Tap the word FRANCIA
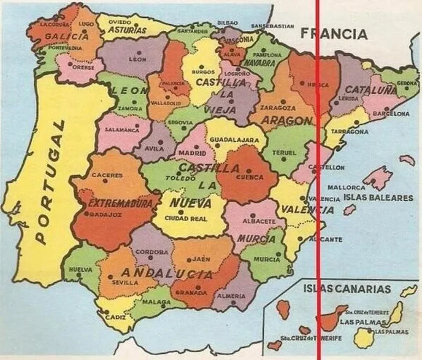pos(334,34)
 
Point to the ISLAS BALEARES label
pos(378,198)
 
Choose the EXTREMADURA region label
pos(120,203)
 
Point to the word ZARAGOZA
pos(278,108)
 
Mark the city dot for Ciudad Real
pos(181,212)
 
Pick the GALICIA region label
pos(67,37)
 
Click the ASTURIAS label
pos(127,30)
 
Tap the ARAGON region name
pos(287,120)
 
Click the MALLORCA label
pos(346,187)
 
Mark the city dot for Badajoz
pos(87,214)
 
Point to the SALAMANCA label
pos(122,130)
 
